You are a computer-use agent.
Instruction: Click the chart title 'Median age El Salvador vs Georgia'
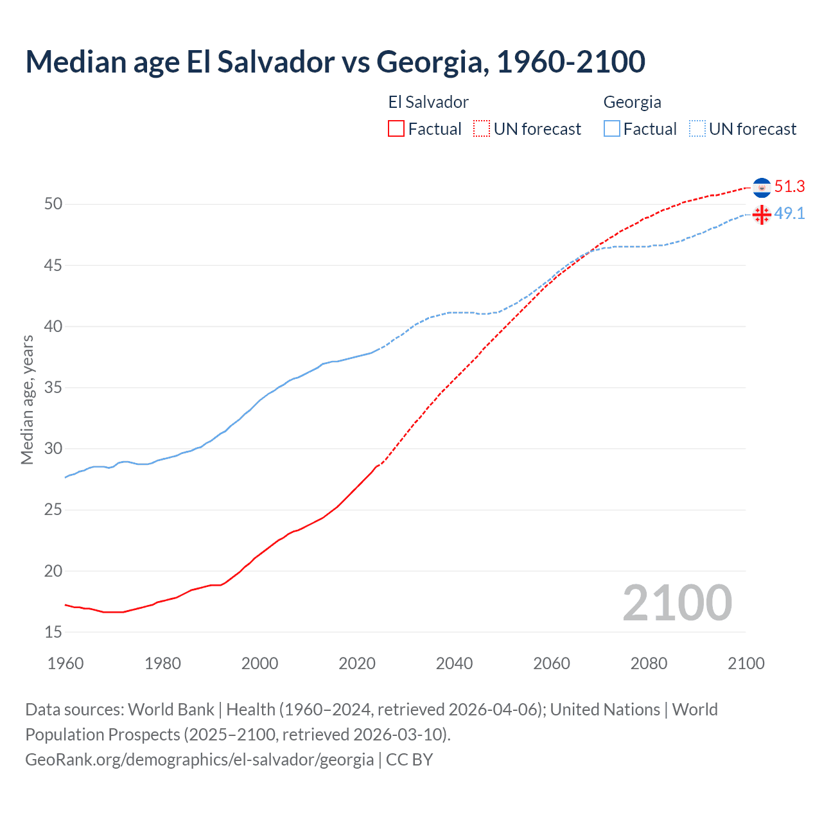click(x=335, y=62)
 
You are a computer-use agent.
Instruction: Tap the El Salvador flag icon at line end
click(x=762, y=187)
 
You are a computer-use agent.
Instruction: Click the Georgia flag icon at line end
click(x=762, y=214)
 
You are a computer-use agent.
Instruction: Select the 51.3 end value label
click(x=789, y=187)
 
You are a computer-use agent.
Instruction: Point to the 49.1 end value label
click(x=789, y=214)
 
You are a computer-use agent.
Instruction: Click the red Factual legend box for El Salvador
click(x=396, y=129)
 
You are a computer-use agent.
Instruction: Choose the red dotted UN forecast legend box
click(x=482, y=129)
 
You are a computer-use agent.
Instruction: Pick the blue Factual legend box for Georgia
click(x=612, y=129)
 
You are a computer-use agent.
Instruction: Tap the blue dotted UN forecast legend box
click(x=697, y=129)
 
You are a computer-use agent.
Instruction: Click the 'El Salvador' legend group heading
click(x=428, y=102)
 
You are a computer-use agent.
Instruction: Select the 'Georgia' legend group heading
click(x=632, y=102)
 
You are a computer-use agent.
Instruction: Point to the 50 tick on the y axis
click(x=53, y=204)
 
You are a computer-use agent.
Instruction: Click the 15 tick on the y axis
click(x=53, y=633)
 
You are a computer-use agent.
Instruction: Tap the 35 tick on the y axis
click(x=53, y=388)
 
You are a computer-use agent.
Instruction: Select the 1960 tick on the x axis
click(x=66, y=663)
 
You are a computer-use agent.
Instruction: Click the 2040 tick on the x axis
click(x=454, y=663)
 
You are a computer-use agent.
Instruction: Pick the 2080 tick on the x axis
click(x=649, y=663)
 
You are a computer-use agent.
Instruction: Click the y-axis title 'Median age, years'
click(x=27, y=399)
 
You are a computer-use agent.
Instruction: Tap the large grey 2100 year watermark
click(x=677, y=603)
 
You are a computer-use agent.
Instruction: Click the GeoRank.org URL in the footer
click(x=199, y=760)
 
